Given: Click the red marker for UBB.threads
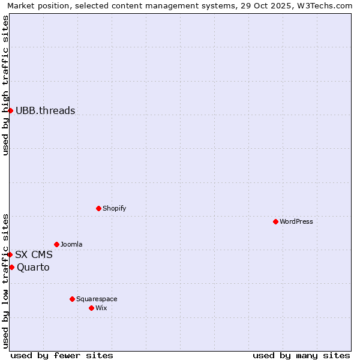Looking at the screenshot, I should [10, 110].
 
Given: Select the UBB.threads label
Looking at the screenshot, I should [46, 110].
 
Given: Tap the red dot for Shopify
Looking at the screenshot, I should [98, 208].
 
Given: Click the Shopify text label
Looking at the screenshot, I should [114, 208].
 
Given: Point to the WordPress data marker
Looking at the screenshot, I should [275, 221].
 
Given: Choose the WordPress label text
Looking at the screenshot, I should [296, 221].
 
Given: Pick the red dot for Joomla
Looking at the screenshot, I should [56, 244].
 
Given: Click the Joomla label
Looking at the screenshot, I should [71, 244].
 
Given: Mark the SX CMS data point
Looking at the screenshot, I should [10, 254].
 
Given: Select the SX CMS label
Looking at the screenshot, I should [34, 254].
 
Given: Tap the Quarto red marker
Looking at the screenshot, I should [11, 267].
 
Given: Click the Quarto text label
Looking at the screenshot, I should [33, 267].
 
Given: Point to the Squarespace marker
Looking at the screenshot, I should [72, 299].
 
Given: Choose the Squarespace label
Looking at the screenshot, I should [97, 299].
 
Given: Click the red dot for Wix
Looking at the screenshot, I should [91, 308].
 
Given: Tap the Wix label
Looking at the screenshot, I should [101, 308].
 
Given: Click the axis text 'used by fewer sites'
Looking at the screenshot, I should [62, 355].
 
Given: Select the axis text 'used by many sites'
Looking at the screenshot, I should [301, 355].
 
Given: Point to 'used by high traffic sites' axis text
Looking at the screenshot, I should [5, 85].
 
